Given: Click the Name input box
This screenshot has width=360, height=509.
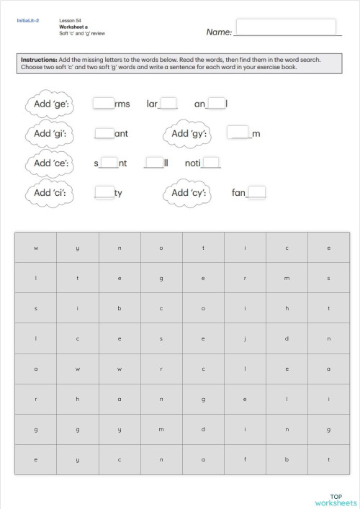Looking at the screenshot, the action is (x=286, y=27).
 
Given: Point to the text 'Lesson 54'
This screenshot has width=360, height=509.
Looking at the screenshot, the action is (x=69, y=21).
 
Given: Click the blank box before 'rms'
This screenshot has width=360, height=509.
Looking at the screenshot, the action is (x=104, y=103).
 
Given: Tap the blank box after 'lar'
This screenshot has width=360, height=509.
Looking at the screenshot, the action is (x=168, y=103).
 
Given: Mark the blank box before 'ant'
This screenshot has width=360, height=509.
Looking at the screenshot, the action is (x=104, y=133).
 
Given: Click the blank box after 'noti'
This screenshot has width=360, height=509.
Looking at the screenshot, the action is (x=212, y=163).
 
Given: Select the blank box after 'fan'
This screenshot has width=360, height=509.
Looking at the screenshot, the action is (x=257, y=192).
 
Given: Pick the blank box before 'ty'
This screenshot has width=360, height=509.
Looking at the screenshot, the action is (x=104, y=192).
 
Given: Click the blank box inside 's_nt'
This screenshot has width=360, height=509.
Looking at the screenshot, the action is (x=109, y=163).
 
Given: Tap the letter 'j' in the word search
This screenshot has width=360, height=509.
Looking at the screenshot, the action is (x=245, y=338).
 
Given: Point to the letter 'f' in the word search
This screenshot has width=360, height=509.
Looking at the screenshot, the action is (x=245, y=459).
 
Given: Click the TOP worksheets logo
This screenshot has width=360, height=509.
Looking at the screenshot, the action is (x=336, y=499).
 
